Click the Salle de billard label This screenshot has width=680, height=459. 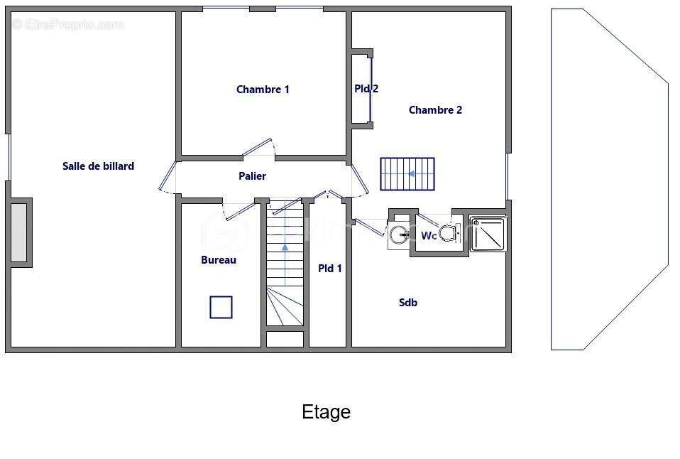point(98,166)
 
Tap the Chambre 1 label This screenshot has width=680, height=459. point(263,90)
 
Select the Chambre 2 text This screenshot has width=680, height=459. point(435,110)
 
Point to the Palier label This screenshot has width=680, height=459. point(253,176)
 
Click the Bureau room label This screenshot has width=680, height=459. point(219,260)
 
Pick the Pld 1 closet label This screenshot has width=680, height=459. point(330,269)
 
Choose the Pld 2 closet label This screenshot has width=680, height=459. point(366,89)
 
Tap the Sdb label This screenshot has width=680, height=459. point(408,302)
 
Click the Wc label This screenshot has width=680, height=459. point(429,236)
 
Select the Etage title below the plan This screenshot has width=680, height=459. point(326,412)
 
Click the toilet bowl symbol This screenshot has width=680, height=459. point(449,233)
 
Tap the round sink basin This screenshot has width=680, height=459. point(398,235)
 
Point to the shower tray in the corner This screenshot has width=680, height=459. point(488,234)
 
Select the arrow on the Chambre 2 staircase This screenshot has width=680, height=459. point(412,174)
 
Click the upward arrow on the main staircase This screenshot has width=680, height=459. point(285,247)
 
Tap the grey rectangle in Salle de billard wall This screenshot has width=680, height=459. point(19,232)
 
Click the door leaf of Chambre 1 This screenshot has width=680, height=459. point(257,147)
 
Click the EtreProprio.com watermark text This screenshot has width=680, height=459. point(69,24)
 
